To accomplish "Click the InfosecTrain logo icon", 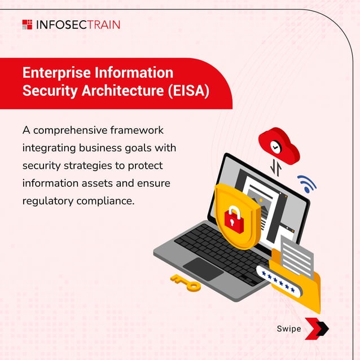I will pyautogui.click(x=27, y=24).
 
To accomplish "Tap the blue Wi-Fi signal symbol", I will pyautogui.click(x=307, y=183).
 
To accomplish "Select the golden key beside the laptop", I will pyautogui.click(x=186, y=283).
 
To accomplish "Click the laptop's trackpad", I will pyautogui.click(x=203, y=268).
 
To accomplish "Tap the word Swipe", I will pyautogui.click(x=288, y=328).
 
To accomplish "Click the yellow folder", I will pyautogui.click(x=299, y=282).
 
